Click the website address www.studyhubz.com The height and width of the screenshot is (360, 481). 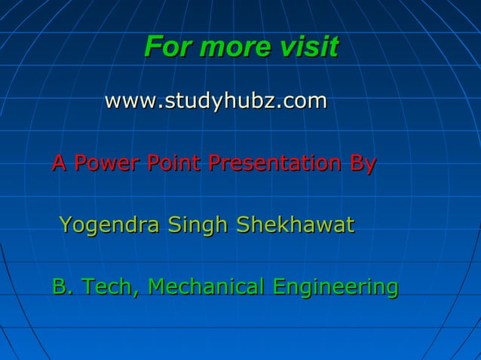216,100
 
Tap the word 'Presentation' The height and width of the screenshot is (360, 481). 274,163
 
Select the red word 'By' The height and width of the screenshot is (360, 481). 362,164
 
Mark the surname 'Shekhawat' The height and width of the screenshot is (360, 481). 295,224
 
